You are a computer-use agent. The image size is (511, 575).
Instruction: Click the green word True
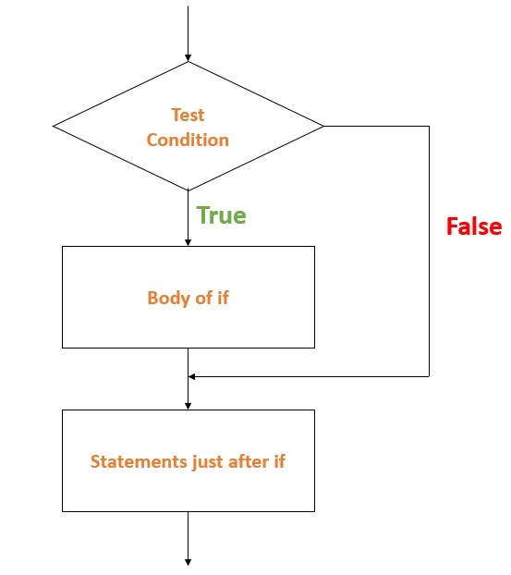(x=221, y=216)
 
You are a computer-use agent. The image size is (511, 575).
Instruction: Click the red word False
(x=473, y=226)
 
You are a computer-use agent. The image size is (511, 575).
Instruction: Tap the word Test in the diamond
(x=188, y=116)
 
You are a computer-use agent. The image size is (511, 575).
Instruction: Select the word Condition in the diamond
(x=188, y=140)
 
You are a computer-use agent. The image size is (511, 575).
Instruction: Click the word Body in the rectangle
(x=166, y=299)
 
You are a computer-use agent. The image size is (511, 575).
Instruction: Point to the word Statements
(x=132, y=461)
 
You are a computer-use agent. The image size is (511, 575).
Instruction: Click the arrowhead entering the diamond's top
(x=188, y=57)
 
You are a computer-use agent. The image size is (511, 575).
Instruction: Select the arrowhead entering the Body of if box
(x=188, y=241)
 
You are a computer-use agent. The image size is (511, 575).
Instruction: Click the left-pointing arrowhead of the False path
(x=192, y=376)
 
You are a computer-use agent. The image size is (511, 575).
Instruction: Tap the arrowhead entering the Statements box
(x=188, y=405)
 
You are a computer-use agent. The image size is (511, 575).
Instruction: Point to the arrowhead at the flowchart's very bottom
(x=188, y=561)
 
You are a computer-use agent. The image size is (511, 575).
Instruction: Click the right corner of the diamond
(x=323, y=126)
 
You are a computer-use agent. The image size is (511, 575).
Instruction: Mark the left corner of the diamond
(x=54, y=126)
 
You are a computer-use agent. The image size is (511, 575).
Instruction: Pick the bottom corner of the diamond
(x=188, y=190)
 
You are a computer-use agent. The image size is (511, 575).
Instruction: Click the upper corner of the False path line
(x=430, y=126)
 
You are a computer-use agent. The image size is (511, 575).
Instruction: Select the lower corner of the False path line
(x=430, y=376)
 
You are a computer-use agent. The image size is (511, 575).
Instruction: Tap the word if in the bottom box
(x=278, y=461)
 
